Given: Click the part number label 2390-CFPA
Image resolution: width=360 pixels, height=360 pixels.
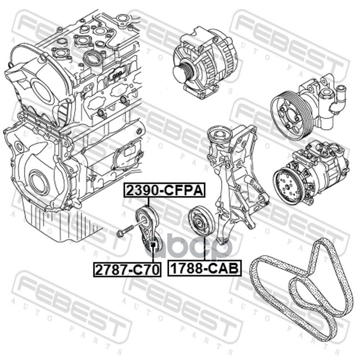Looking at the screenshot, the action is click(x=164, y=190).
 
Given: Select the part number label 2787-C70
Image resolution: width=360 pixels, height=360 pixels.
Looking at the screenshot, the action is click(x=127, y=269).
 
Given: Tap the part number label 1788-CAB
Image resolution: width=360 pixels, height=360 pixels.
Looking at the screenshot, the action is click(x=204, y=268).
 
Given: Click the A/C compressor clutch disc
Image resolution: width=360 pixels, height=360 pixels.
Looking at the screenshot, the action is click(x=287, y=187).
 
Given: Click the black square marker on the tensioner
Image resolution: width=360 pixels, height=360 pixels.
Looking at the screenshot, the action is click(x=153, y=246).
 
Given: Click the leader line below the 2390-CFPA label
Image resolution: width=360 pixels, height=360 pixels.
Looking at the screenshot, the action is click(x=148, y=202).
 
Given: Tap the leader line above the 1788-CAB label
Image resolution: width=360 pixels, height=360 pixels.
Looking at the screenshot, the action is click(x=204, y=249).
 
